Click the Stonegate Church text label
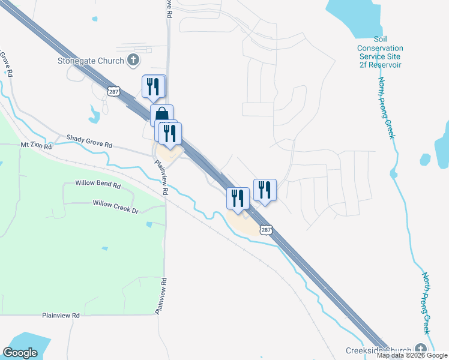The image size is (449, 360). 91,61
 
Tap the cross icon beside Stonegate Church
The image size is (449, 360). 133,60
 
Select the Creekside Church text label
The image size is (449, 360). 379,350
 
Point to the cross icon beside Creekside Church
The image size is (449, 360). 421,350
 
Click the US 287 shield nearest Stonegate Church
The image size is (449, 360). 113,91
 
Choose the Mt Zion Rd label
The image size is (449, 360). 37,145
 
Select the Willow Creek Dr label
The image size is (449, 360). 115,203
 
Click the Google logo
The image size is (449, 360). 20,353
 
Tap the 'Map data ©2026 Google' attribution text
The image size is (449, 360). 412,355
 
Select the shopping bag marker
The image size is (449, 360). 161,115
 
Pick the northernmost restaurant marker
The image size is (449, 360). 154,86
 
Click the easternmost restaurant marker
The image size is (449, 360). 265,190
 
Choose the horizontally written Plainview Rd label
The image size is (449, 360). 61,315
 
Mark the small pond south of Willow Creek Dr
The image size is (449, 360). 148,224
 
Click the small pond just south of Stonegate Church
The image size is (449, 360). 94,113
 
